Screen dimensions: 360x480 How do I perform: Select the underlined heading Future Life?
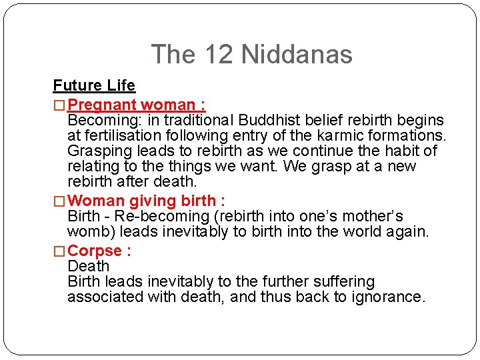tap(94, 85)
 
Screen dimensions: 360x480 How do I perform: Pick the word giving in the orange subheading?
tap(150, 201)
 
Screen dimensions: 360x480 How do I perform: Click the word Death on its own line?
tap(88, 266)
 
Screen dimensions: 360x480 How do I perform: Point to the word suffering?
tap(337, 281)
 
